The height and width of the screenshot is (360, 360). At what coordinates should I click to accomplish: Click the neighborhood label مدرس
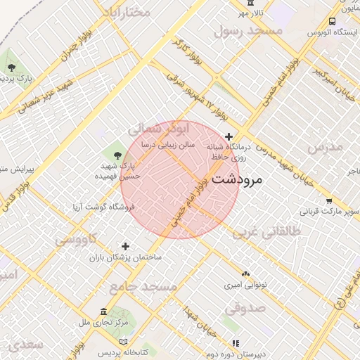click(x=325, y=146)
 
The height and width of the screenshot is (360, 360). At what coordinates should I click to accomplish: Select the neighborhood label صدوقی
click(x=245, y=307)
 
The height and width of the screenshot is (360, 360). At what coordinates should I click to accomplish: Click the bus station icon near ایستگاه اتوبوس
click(x=332, y=22)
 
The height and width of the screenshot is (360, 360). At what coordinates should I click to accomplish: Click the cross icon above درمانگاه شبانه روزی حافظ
click(x=229, y=136)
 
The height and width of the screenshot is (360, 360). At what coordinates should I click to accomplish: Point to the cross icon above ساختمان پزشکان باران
click(x=126, y=246)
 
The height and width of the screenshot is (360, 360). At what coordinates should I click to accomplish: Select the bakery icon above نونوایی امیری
click(x=245, y=274)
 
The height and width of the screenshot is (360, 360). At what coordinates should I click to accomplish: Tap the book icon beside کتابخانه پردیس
click(x=124, y=342)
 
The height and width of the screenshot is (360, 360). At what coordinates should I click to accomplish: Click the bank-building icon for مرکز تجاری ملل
click(x=104, y=312)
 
